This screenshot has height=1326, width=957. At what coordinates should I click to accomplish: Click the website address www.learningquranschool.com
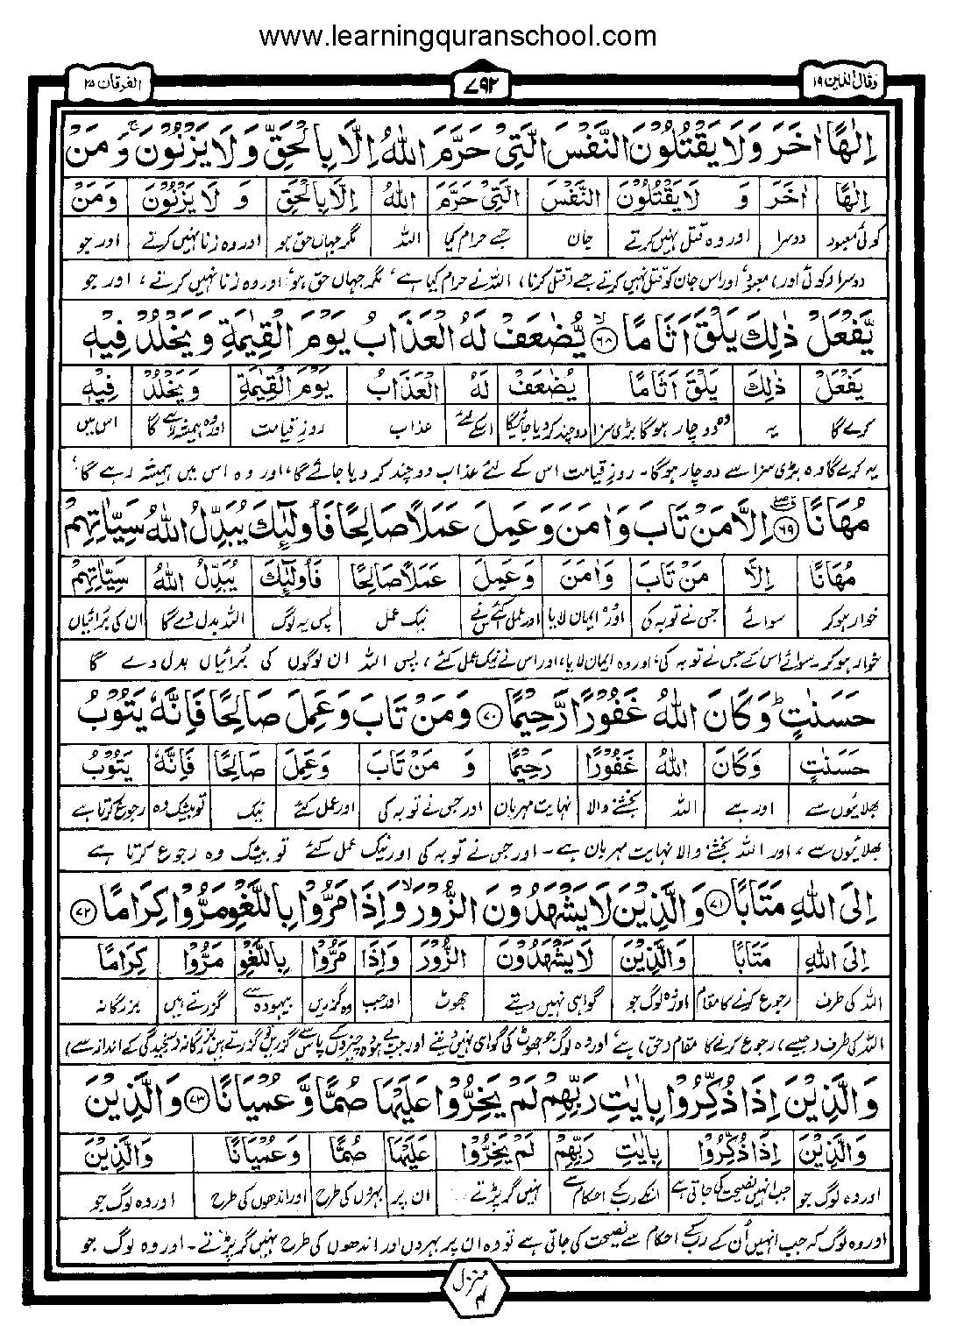[458, 36]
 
